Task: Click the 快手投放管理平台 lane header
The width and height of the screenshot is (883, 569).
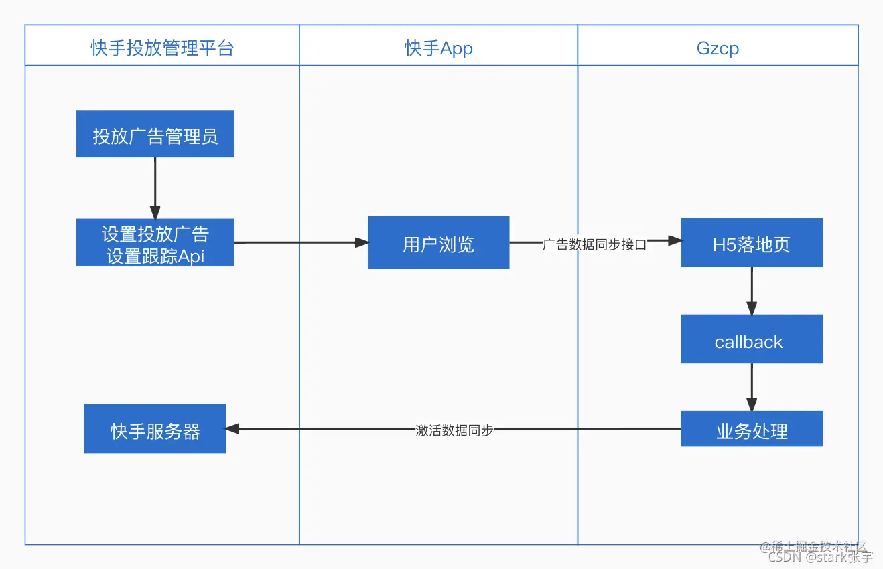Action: pyautogui.click(x=162, y=48)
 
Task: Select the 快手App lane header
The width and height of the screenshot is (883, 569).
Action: pyautogui.click(x=438, y=48)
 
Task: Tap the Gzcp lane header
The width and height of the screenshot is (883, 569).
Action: pyautogui.click(x=718, y=48)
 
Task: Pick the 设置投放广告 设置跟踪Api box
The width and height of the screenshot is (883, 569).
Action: pyautogui.click(x=155, y=242)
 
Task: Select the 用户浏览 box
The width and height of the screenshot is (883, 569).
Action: pyautogui.click(x=438, y=243)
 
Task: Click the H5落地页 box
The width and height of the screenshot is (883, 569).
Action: pyautogui.click(x=751, y=243)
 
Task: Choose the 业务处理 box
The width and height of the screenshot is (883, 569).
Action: pyautogui.click(x=751, y=430)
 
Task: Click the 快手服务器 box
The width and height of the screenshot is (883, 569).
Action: pyautogui.click(x=155, y=430)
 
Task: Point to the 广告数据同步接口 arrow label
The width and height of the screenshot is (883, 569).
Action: pyautogui.click(x=594, y=244)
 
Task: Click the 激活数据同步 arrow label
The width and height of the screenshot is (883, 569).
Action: pyautogui.click(x=454, y=430)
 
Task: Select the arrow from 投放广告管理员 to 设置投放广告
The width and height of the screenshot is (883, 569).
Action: pyautogui.click(x=155, y=187)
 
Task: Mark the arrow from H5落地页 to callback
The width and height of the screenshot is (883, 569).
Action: pyautogui.click(x=752, y=291)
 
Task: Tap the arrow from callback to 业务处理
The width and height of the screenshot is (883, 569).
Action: pyautogui.click(x=752, y=387)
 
